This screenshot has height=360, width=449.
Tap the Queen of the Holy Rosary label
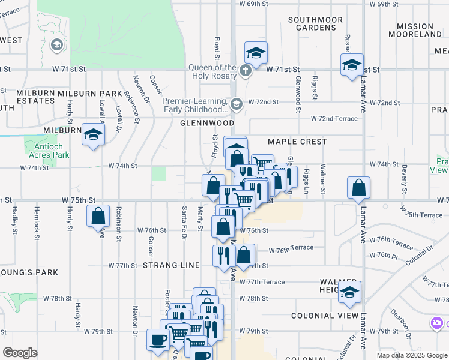(212, 71)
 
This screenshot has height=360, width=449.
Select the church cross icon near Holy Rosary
(245, 71)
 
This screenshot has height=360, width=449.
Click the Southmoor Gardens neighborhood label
(315, 23)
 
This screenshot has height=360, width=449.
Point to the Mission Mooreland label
(423, 30)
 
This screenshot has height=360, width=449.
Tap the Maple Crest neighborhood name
(297, 142)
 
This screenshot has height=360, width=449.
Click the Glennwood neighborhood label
(207, 123)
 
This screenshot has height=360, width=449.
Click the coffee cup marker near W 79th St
(158, 340)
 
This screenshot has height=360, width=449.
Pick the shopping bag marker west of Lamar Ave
(358, 188)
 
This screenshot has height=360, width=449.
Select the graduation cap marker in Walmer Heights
(350, 292)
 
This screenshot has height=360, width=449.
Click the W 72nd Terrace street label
(334, 119)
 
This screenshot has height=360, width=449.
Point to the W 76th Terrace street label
(291, 248)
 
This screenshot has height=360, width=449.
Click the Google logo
(20, 353)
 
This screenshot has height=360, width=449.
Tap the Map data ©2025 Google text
(411, 355)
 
